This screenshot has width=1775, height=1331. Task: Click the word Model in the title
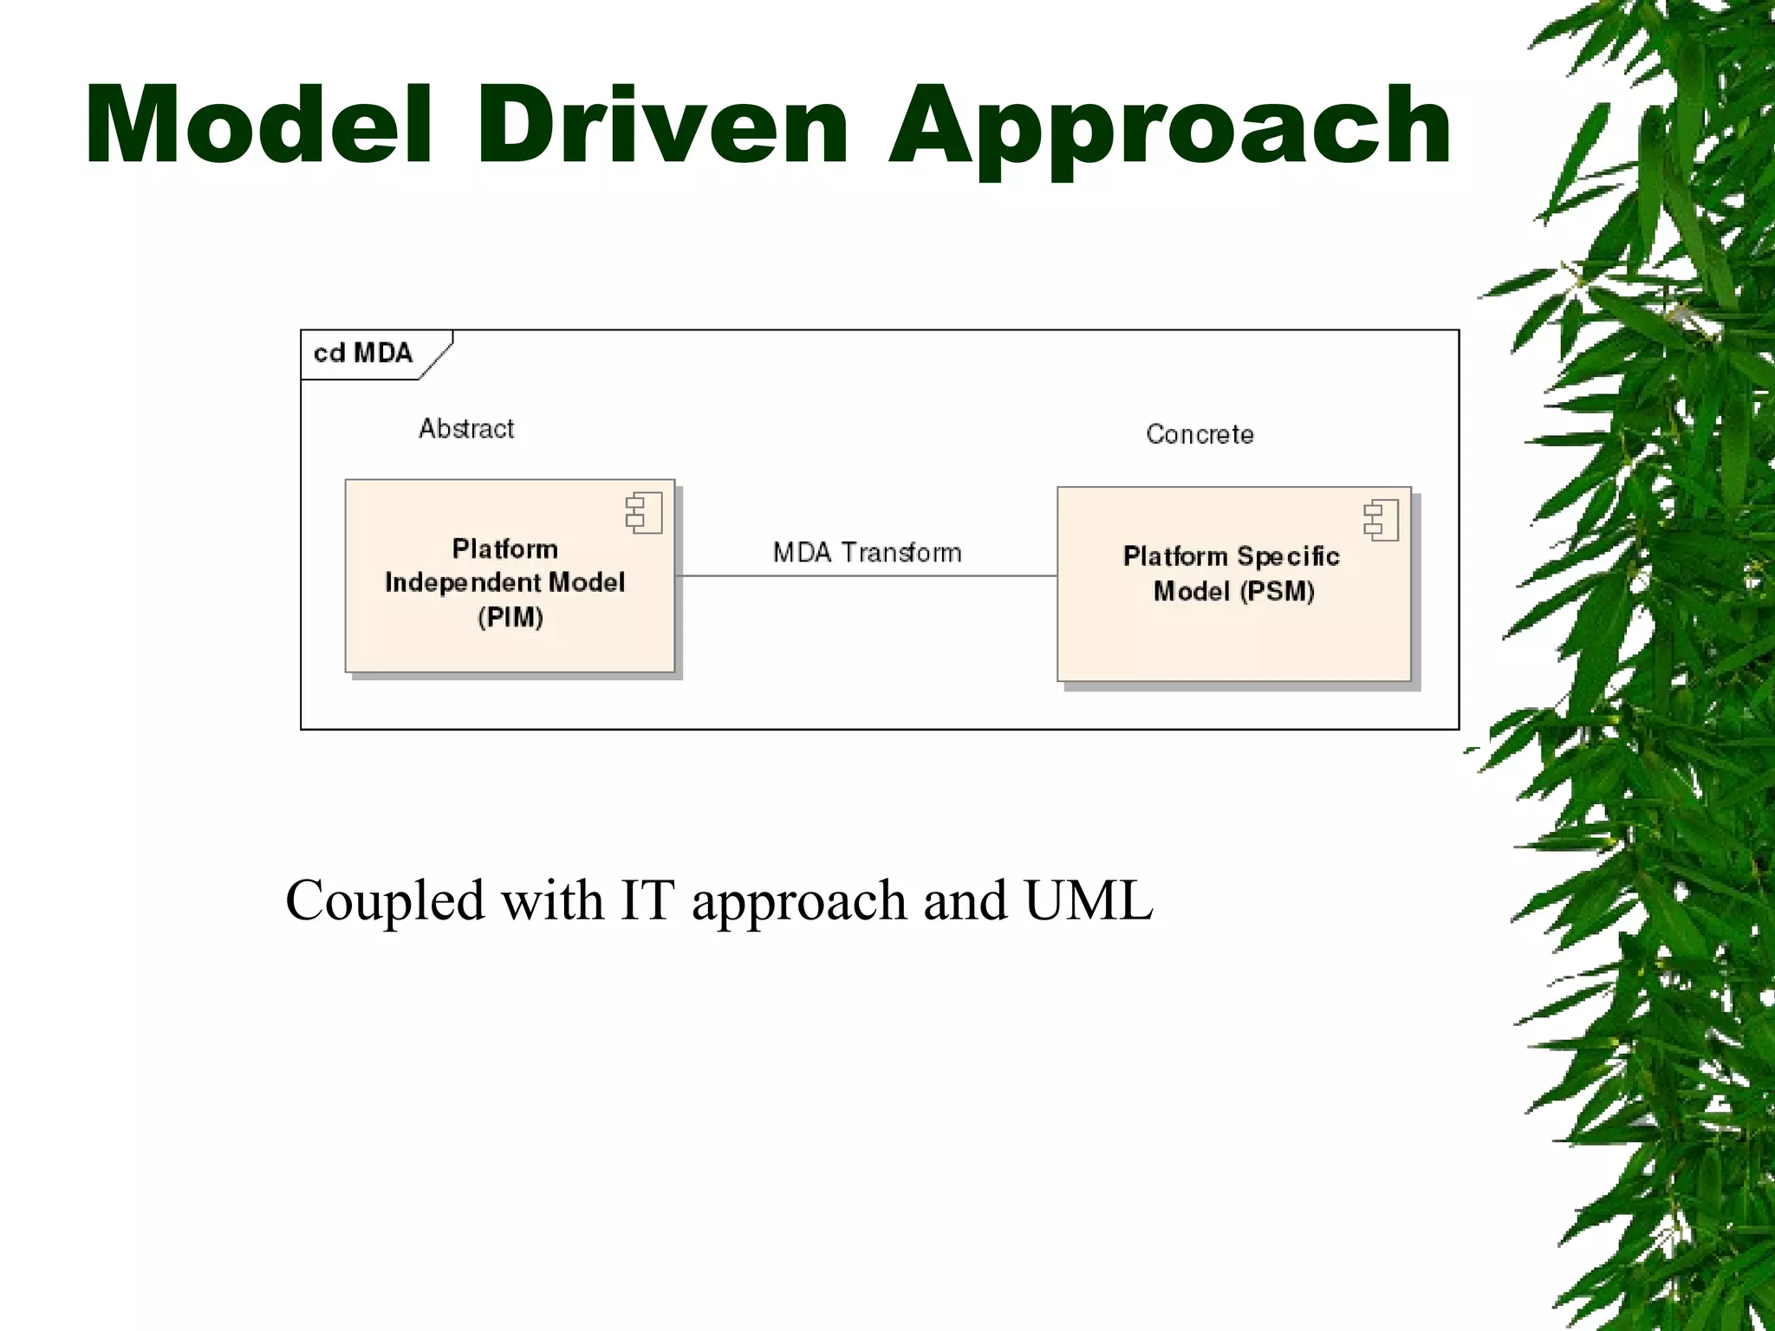pos(258,126)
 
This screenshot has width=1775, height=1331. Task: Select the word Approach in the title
pos(1169,130)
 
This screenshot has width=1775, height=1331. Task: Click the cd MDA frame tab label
pos(363,354)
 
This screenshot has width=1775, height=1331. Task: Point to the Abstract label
pos(466,429)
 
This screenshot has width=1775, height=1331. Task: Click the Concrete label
pos(1200,434)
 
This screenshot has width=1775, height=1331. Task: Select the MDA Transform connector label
pos(867,553)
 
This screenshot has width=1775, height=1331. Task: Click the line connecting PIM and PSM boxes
pos(867,575)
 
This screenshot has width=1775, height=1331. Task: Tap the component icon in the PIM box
pos(644,512)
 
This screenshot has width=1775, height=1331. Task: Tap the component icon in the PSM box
pos(1381,521)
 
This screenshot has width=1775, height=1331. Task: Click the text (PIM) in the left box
pos(510,618)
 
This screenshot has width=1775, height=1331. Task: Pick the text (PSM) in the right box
pos(1277,592)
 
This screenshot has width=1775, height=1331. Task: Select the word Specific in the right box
pos(1288,556)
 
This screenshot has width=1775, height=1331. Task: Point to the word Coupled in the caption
pos(385,901)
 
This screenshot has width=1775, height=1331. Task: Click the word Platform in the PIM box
pos(505,549)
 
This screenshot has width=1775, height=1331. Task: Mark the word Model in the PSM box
pos(1192,592)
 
